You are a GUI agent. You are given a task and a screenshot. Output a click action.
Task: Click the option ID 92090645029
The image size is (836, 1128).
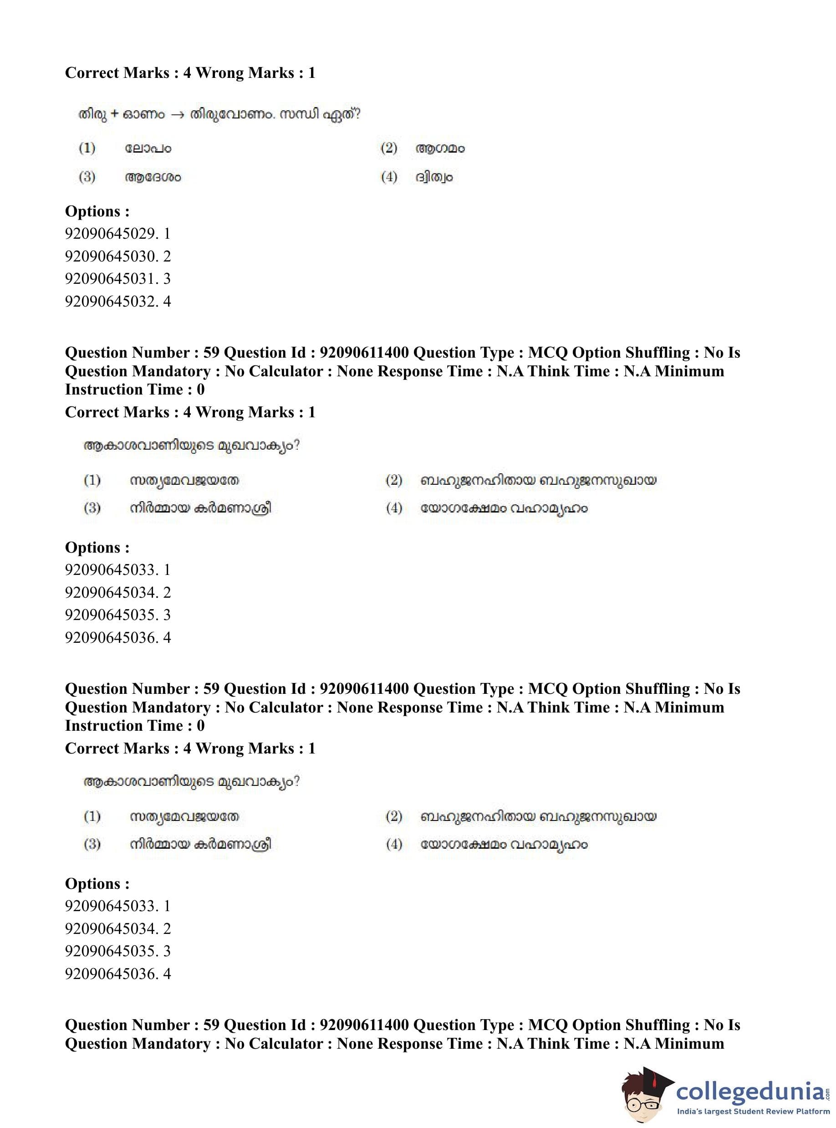[117, 233]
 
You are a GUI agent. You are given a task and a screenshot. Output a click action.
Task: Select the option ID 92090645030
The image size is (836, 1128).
[117, 256]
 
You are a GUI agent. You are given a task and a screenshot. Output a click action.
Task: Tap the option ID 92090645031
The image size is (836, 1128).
[117, 278]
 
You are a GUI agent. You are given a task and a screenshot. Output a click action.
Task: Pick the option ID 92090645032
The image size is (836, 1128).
[117, 301]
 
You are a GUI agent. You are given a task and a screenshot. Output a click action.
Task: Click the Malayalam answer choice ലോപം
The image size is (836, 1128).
[148, 149]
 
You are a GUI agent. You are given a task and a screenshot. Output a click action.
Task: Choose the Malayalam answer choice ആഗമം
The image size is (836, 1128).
[440, 149]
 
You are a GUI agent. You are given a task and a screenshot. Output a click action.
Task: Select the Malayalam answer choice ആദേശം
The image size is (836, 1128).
[153, 177]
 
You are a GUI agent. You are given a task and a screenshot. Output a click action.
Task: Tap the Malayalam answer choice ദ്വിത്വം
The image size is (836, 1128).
[433, 177]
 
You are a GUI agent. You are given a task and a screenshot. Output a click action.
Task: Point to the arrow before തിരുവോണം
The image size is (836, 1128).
[177, 114]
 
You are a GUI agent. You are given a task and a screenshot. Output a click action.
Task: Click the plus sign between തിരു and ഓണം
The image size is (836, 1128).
[114, 114]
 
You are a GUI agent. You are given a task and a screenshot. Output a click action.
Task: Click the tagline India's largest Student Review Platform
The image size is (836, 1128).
[753, 1111]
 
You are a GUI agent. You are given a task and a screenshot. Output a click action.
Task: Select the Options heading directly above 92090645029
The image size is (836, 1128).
[97, 211]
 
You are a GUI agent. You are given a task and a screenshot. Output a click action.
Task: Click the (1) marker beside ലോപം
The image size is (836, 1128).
[87, 148]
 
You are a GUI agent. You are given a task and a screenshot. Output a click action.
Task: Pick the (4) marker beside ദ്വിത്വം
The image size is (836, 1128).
[389, 177]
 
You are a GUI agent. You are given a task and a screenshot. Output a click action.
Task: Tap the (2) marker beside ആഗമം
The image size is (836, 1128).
[389, 148]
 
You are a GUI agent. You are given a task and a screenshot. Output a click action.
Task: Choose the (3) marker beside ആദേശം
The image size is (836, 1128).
[87, 177]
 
